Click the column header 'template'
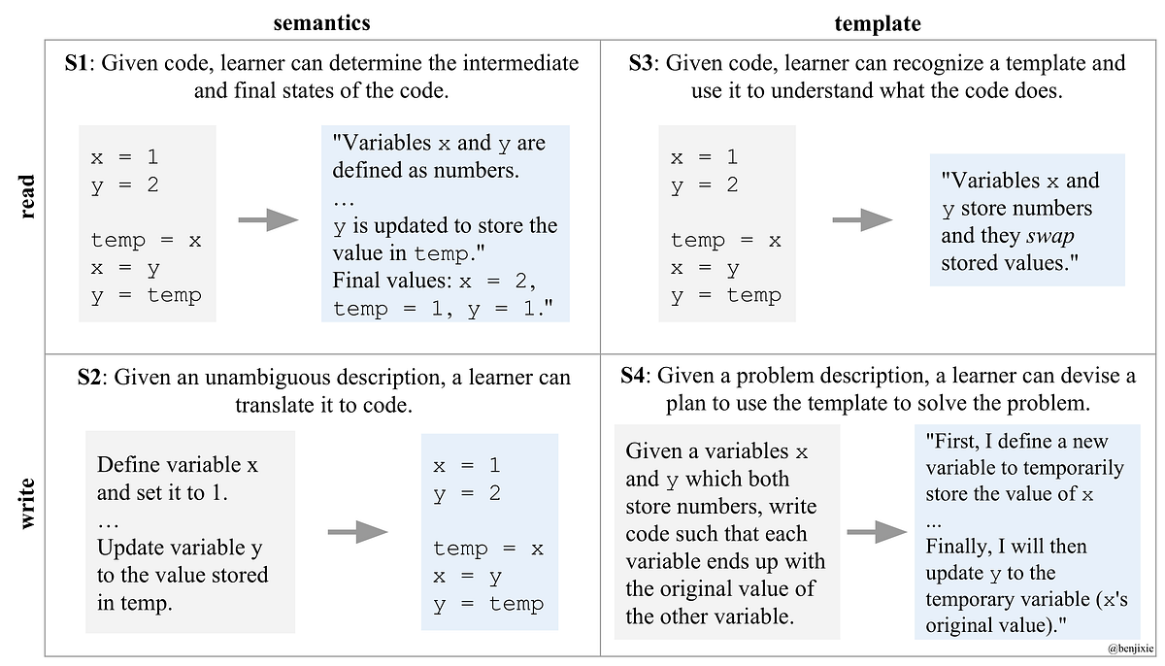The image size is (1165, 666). pos(877,23)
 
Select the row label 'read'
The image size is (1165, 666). pos(26,196)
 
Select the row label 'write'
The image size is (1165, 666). pos(26,502)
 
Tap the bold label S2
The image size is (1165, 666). pos(89,378)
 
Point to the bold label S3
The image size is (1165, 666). pos(641,64)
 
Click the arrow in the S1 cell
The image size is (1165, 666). pos(268,222)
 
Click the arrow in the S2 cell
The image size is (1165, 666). pos(358,532)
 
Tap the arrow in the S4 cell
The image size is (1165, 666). pos(878,531)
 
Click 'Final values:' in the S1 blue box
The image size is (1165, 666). pos(390,282)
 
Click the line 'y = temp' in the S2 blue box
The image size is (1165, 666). pos(488,604)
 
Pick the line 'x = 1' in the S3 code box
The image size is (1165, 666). pos(704,156)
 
